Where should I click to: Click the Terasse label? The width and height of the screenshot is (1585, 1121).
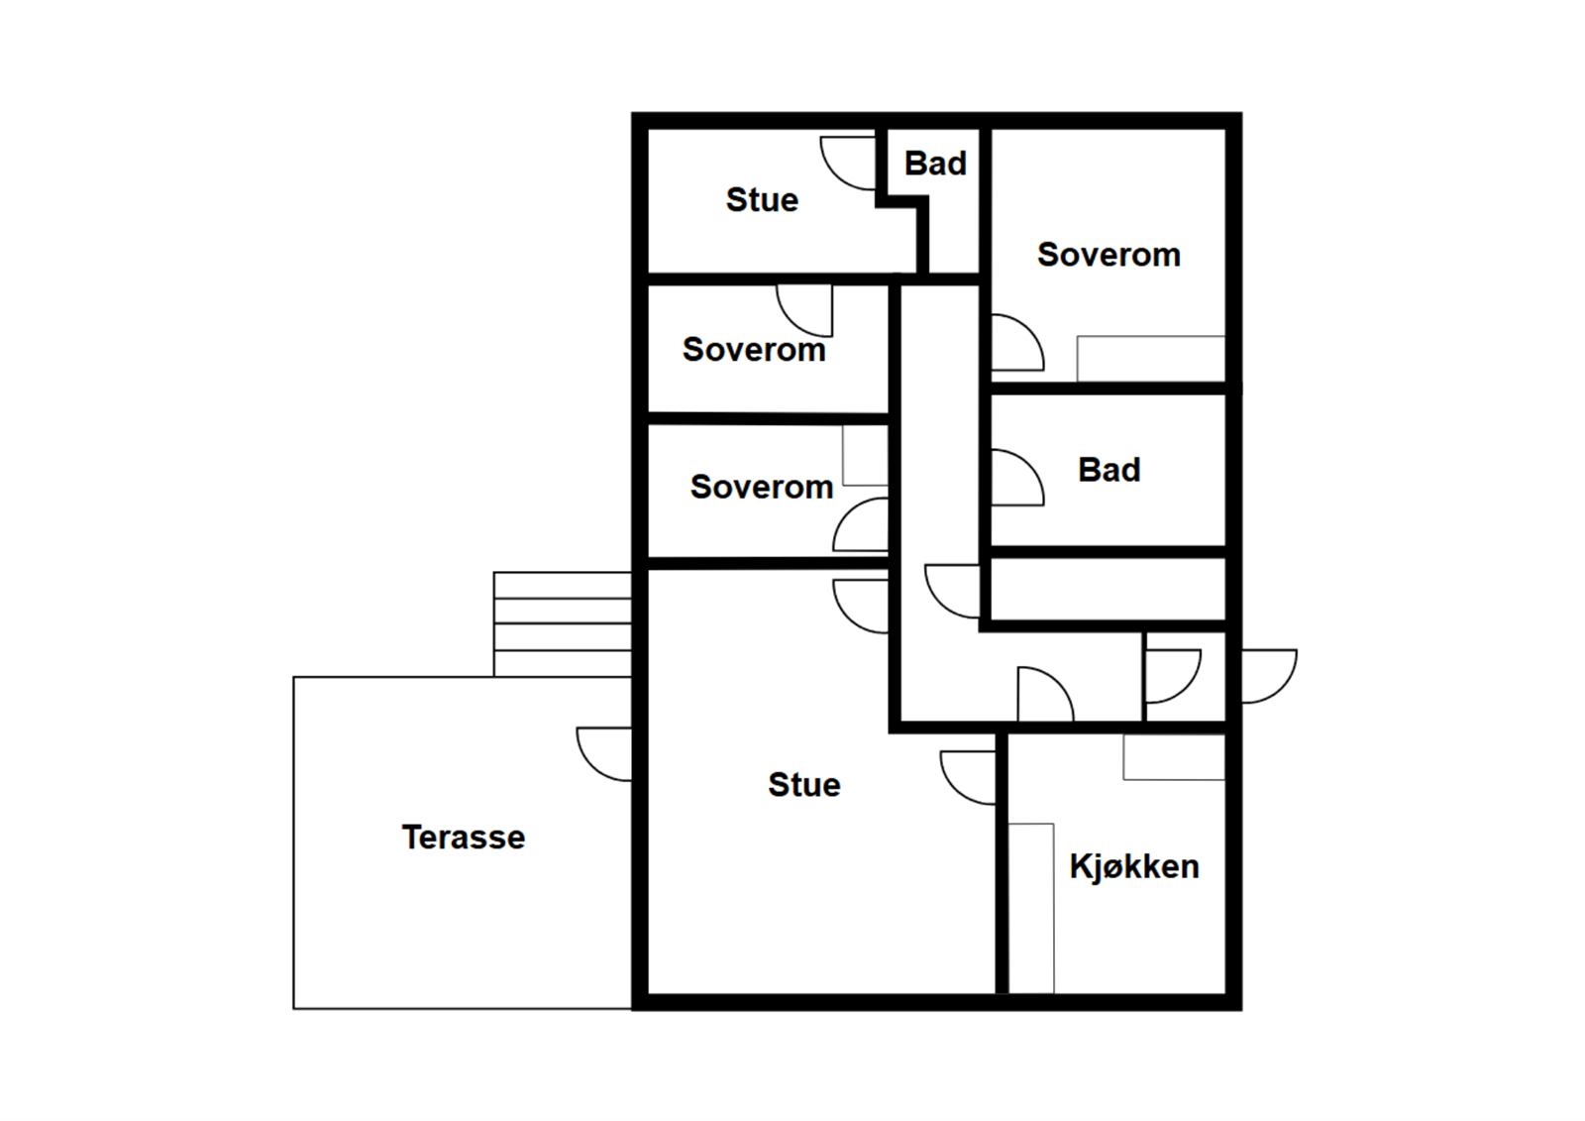tap(463, 838)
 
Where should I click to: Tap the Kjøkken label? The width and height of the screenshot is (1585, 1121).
tap(1134, 867)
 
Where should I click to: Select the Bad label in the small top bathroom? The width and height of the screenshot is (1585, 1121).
tap(935, 164)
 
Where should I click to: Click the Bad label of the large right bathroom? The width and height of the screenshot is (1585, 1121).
tap(1109, 470)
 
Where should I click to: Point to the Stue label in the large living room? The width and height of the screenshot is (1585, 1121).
tap(803, 785)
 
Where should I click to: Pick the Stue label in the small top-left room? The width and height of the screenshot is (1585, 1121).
tap(762, 200)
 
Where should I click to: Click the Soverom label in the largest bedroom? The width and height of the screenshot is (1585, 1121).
tap(1109, 255)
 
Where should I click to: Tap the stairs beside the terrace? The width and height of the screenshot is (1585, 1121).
tap(562, 624)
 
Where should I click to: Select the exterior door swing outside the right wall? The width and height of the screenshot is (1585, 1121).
tap(1267, 675)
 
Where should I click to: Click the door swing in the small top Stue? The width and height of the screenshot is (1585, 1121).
tap(849, 162)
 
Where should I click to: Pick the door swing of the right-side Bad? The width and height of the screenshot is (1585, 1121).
tap(1015, 478)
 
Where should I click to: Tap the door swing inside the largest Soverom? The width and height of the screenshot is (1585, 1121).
tap(1015, 343)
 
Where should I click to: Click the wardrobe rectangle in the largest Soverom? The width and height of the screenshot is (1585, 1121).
tap(1150, 358)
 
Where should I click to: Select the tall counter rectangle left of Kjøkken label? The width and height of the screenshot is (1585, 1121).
tap(1031, 907)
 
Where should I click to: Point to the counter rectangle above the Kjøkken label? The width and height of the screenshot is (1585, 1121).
tap(1174, 757)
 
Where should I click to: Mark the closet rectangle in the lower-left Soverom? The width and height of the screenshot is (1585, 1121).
tap(865, 456)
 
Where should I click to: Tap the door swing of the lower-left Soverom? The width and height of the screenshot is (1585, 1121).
tap(861, 526)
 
